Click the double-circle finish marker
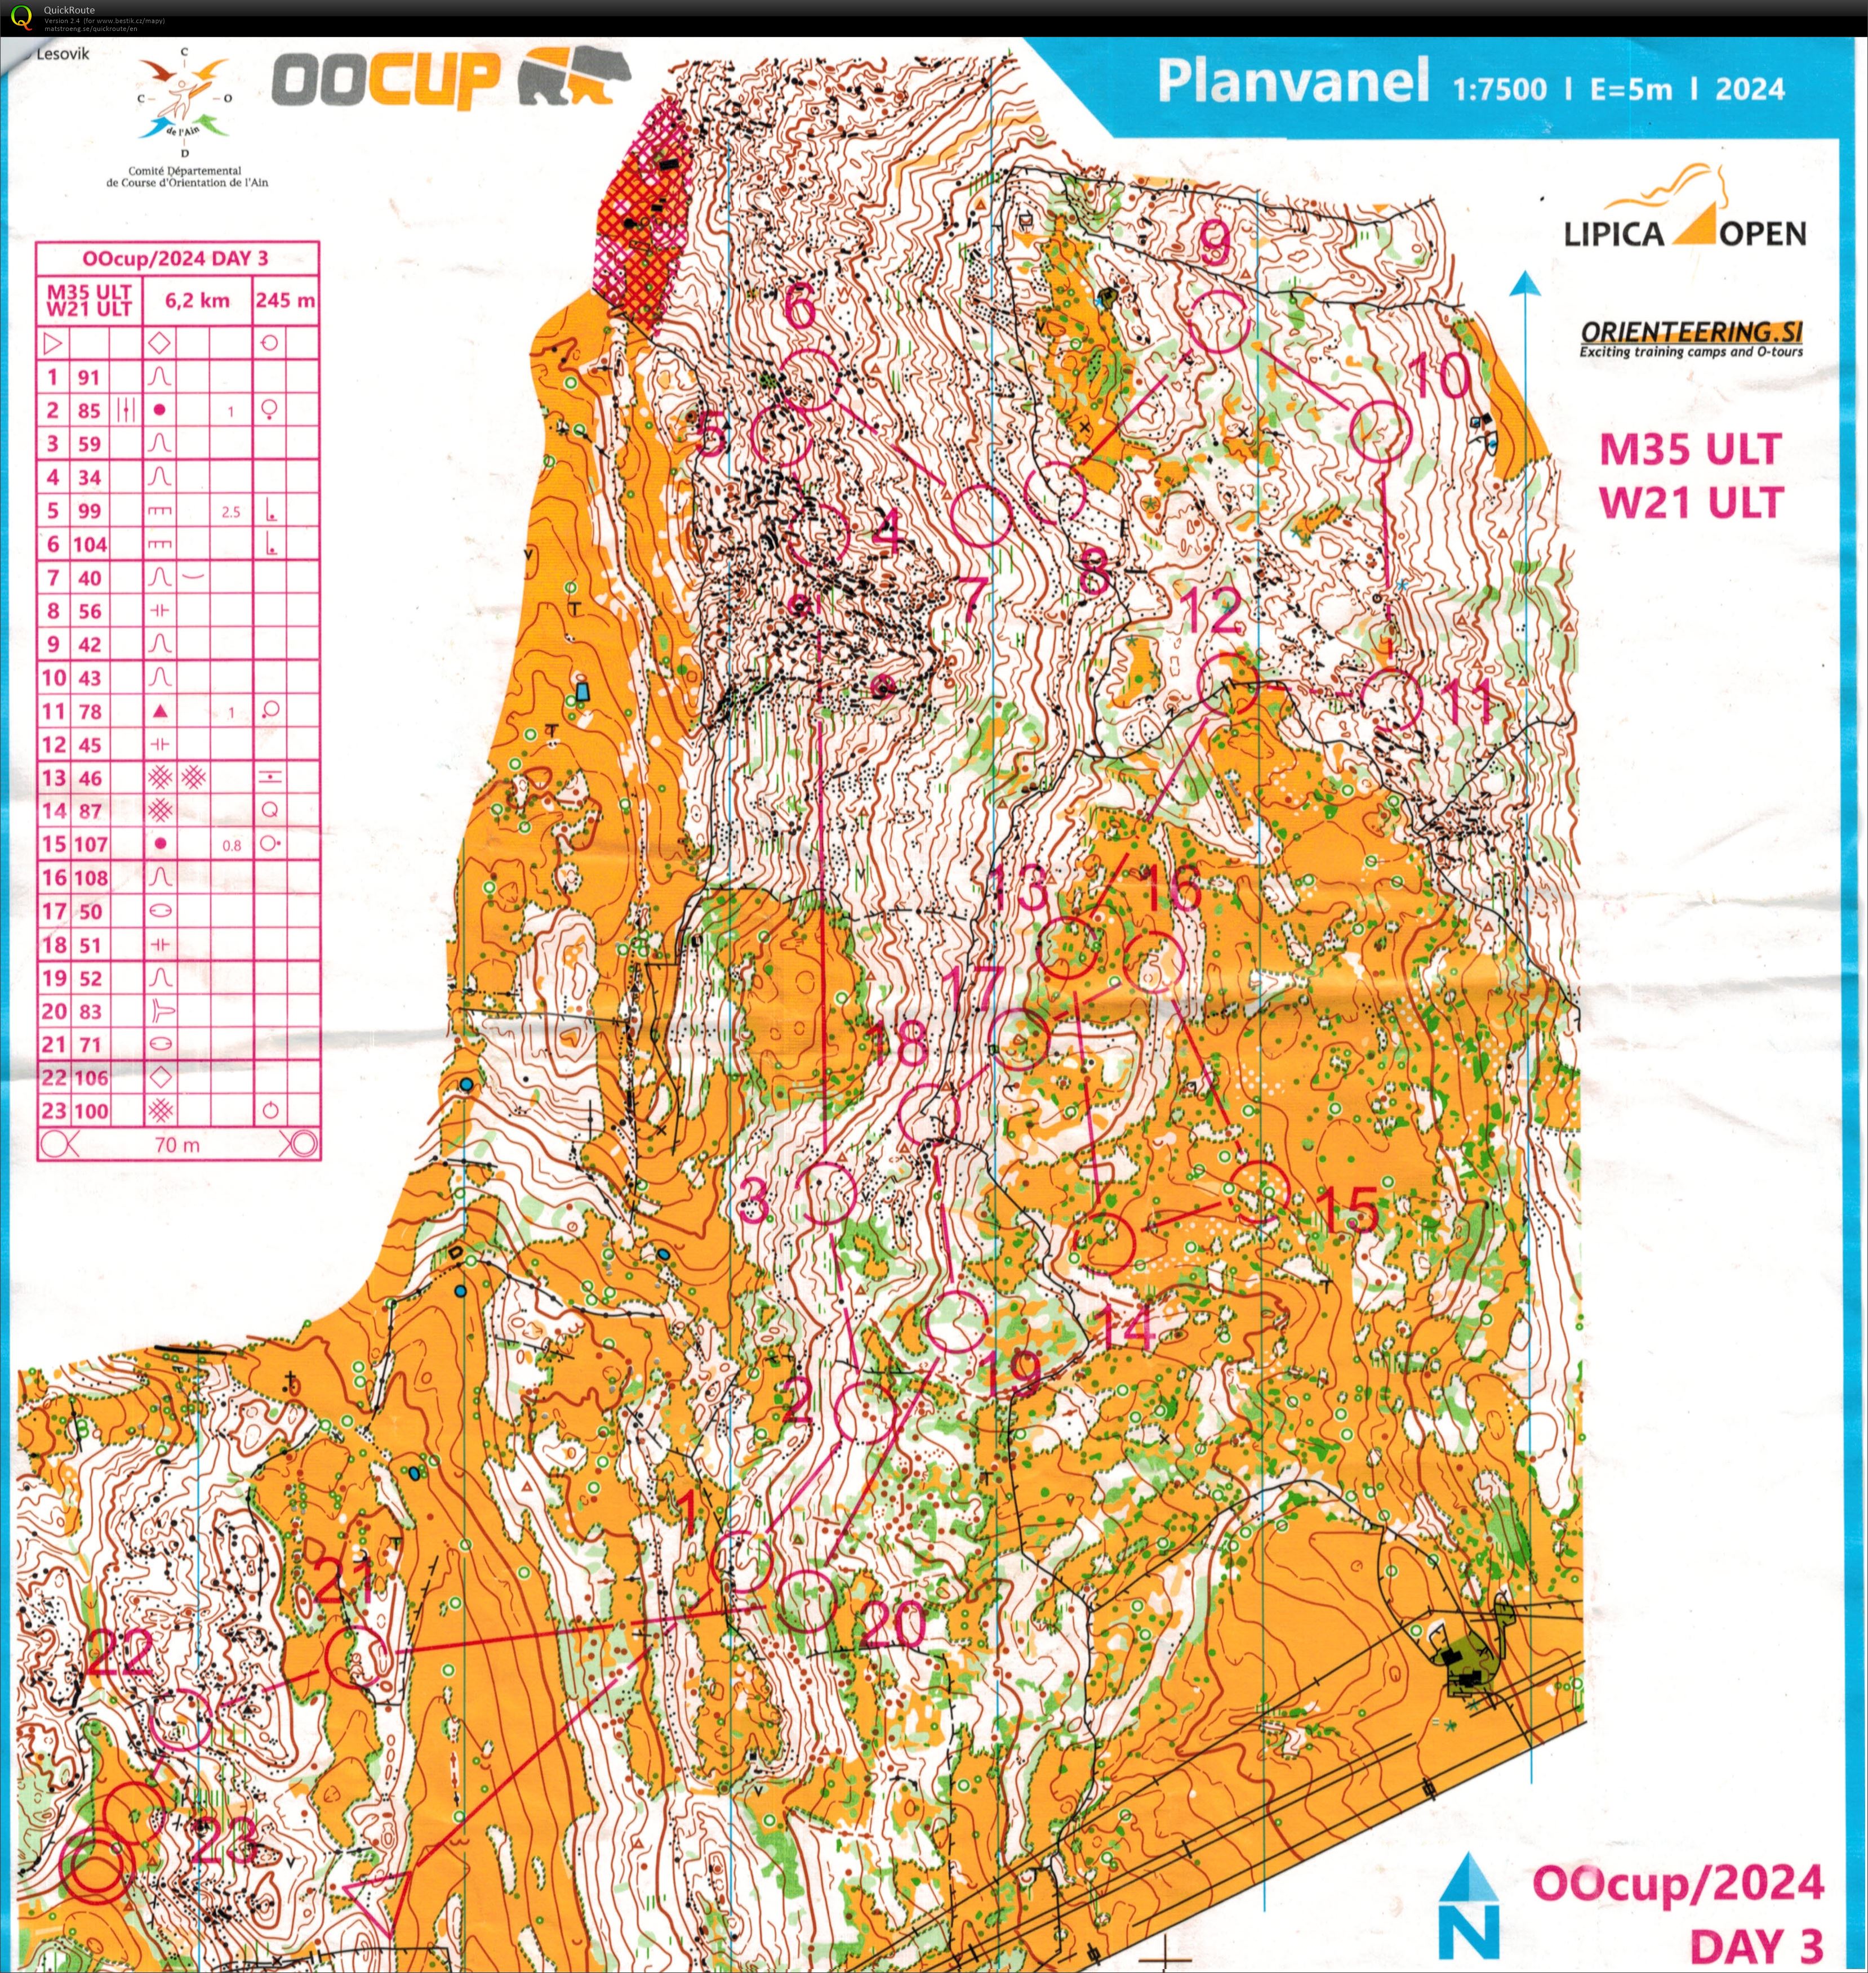coord(96,1868)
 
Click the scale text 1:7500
coord(1500,90)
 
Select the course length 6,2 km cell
coord(197,300)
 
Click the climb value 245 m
coord(285,300)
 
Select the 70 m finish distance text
coord(177,1145)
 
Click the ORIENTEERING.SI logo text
coord(1691,332)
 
